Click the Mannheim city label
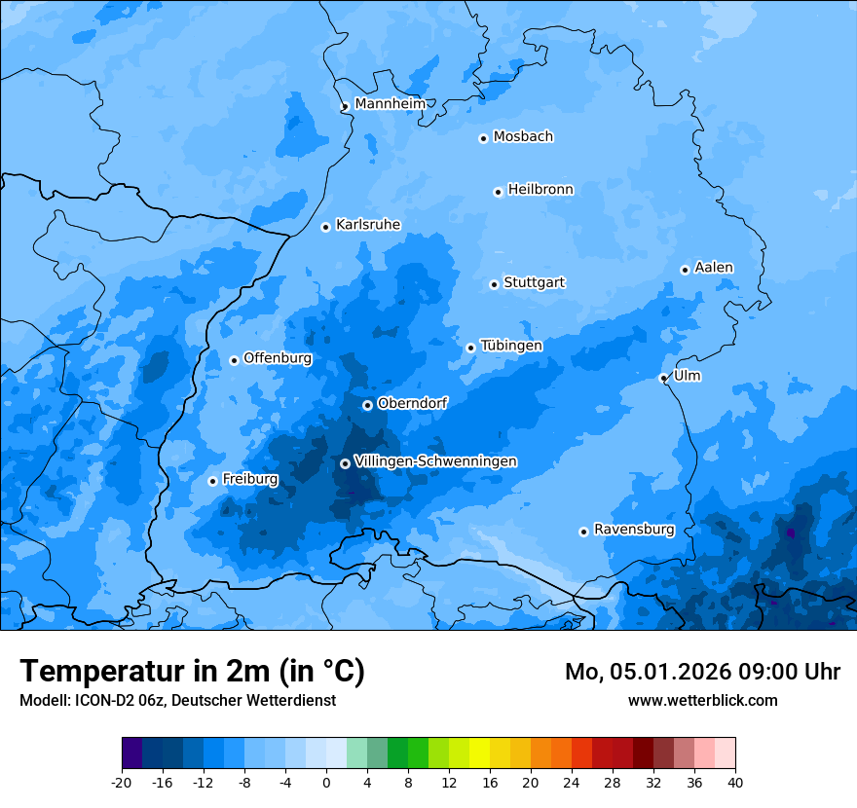390,104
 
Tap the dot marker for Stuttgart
494,284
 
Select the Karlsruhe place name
367,225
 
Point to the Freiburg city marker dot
212,481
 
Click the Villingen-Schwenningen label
435,461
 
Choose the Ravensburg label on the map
633,530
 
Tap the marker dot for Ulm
663,378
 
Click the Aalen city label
713,268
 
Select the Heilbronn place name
540,190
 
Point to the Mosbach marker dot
483,138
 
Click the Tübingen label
510,346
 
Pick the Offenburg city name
277,358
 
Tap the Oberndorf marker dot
367,405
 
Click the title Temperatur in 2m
192,672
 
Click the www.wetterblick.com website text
702,700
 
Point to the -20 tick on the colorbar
122,782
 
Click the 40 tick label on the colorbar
735,782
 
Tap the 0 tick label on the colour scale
326,782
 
